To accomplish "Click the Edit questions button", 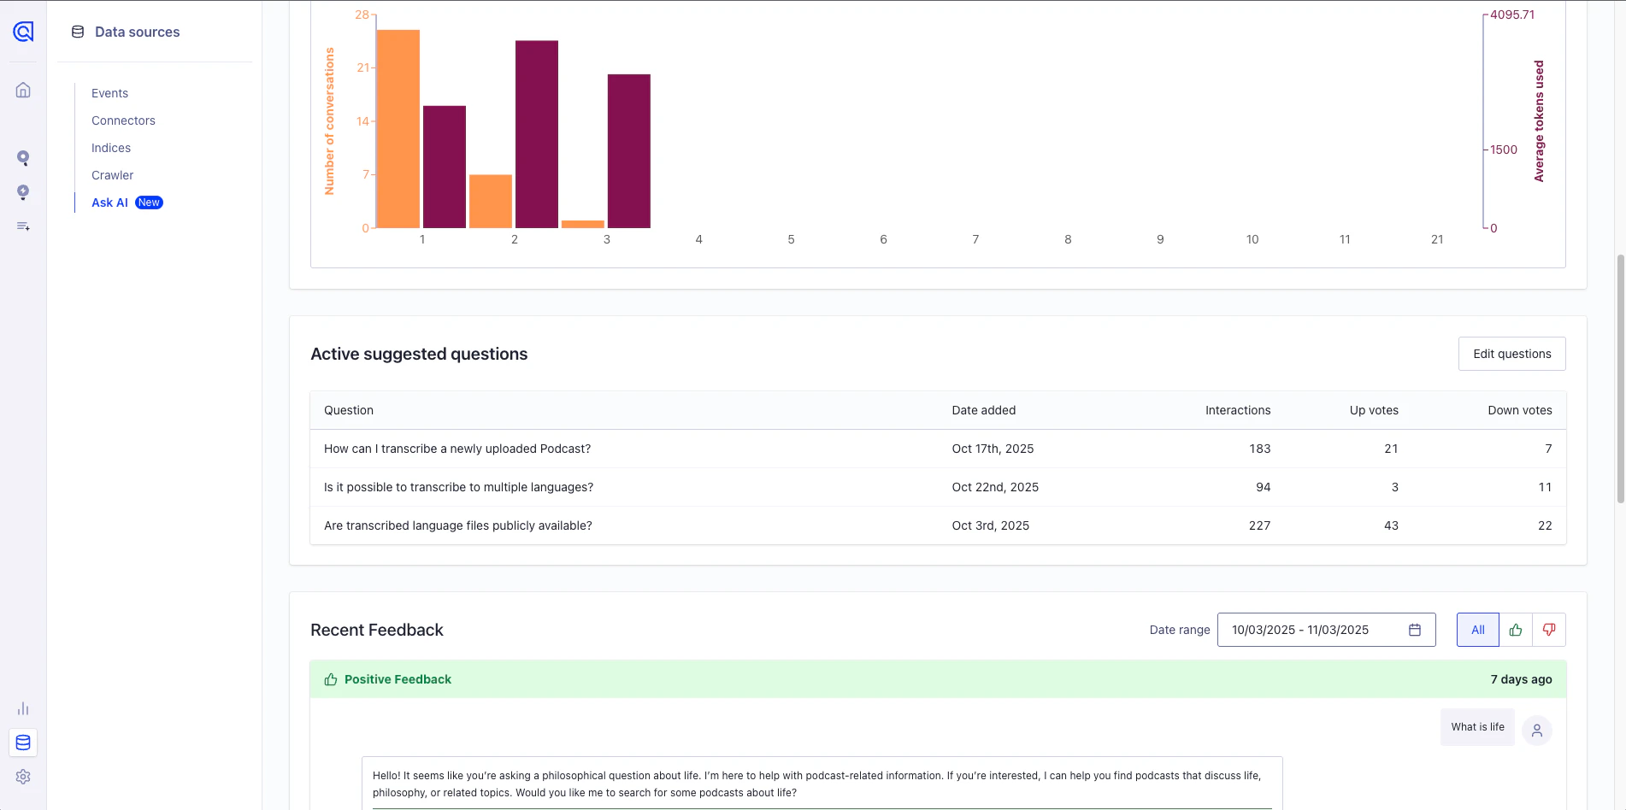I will coord(1511,354).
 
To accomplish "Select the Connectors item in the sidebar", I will coord(123,120).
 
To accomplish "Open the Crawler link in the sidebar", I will coord(112,175).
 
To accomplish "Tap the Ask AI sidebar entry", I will coord(110,202).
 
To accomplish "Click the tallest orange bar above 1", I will coord(398,128).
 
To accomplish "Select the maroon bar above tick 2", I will coord(537,134).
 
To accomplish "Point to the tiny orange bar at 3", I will coord(583,224).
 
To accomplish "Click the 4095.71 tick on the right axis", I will coord(1511,15).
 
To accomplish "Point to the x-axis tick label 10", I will coord(1252,239).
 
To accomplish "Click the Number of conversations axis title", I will coord(329,121).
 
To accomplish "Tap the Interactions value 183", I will coord(1259,449).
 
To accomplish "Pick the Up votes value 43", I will coord(1391,525).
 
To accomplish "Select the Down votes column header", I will coord(1519,410).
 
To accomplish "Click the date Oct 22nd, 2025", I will coord(995,487).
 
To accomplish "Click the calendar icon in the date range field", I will coord(1415,630).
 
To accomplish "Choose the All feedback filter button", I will coord(1477,630).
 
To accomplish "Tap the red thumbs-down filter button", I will coord(1548,630).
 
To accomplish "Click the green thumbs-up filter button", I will coord(1516,630).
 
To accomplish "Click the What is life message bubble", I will coord(1477,727).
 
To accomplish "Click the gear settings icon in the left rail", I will coord(23,777).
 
